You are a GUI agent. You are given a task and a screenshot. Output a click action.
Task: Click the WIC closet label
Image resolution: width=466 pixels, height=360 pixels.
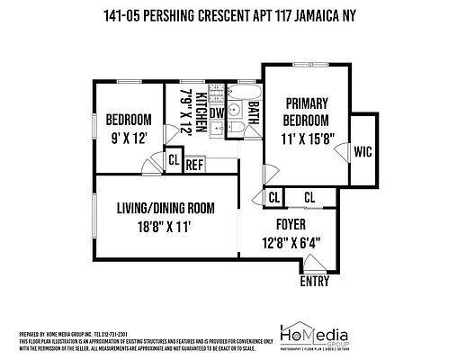[x=363, y=152]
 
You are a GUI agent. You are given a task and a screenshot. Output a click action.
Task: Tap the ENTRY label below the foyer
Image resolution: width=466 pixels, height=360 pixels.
[x=315, y=281]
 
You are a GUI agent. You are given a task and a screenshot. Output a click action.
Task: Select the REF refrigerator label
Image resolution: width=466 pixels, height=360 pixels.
[x=195, y=165]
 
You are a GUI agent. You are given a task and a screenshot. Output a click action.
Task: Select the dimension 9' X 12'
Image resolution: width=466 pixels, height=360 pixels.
[x=129, y=139]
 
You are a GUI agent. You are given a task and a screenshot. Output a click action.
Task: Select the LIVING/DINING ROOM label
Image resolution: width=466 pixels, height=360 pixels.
[x=166, y=208]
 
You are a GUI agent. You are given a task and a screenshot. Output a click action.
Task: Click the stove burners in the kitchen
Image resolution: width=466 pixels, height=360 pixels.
[x=216, y=131]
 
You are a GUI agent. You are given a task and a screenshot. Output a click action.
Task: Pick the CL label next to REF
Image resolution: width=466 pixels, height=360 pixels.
[x=174, y=161]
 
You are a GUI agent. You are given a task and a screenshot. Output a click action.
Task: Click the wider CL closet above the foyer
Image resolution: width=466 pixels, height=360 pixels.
[x=309, y=197]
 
